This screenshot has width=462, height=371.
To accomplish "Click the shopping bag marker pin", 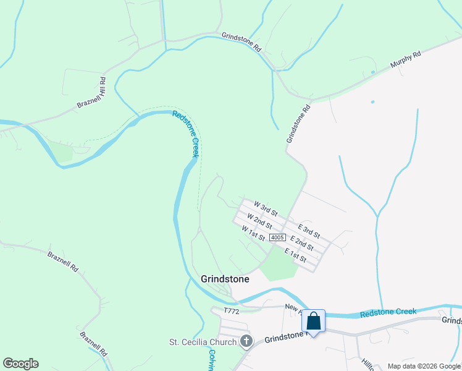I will pyautogui.click(x=313, y=322).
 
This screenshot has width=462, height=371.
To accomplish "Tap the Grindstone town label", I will pyautogui.click(x=225, y=279).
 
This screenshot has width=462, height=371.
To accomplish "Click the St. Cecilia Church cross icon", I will pyautogui.click(x=246, y=341).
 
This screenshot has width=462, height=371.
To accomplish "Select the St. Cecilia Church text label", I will pyautogui.click(x=203, y=342).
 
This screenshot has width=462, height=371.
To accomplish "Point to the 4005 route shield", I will pyautogui.click(x=277, y=237).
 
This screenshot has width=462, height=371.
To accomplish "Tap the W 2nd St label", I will pyautogui.click(x=259, y=221).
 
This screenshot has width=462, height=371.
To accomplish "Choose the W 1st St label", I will pyautogui.click(x=253, y=233).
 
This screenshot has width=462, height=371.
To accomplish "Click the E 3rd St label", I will pyautogui.click(x=309, y=231).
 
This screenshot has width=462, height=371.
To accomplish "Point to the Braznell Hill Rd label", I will pyautogui.click(x=92, y=93).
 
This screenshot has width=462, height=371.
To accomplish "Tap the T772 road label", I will pyautogui.click(x=231, y=311).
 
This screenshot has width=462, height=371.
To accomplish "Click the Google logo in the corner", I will pyautogui.click(x=20, y=364).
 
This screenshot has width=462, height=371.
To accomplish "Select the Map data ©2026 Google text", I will pyautogui.click(x=424, y=366).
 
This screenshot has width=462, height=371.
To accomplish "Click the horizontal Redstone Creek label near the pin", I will pyautogui.click(x=388, y=312).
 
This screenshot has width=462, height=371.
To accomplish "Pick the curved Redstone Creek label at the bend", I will pyautogui.click(x=186, y=133).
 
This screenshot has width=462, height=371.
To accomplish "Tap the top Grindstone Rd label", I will pyautogui.click(x=241, y=41).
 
